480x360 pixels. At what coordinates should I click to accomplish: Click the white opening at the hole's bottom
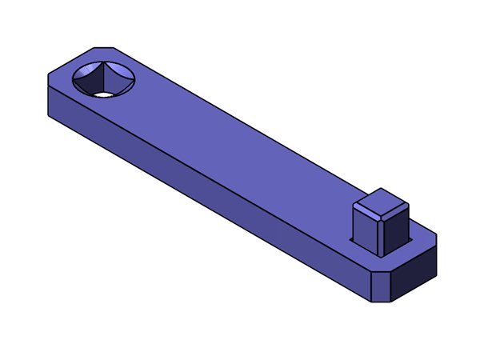pyautogui.click(x=103, y=94)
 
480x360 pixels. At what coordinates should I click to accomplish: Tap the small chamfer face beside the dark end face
pyautogui.click(x=384, y=287)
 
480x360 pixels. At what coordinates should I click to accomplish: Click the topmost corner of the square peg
pyautogui.click(x=382, y=189)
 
